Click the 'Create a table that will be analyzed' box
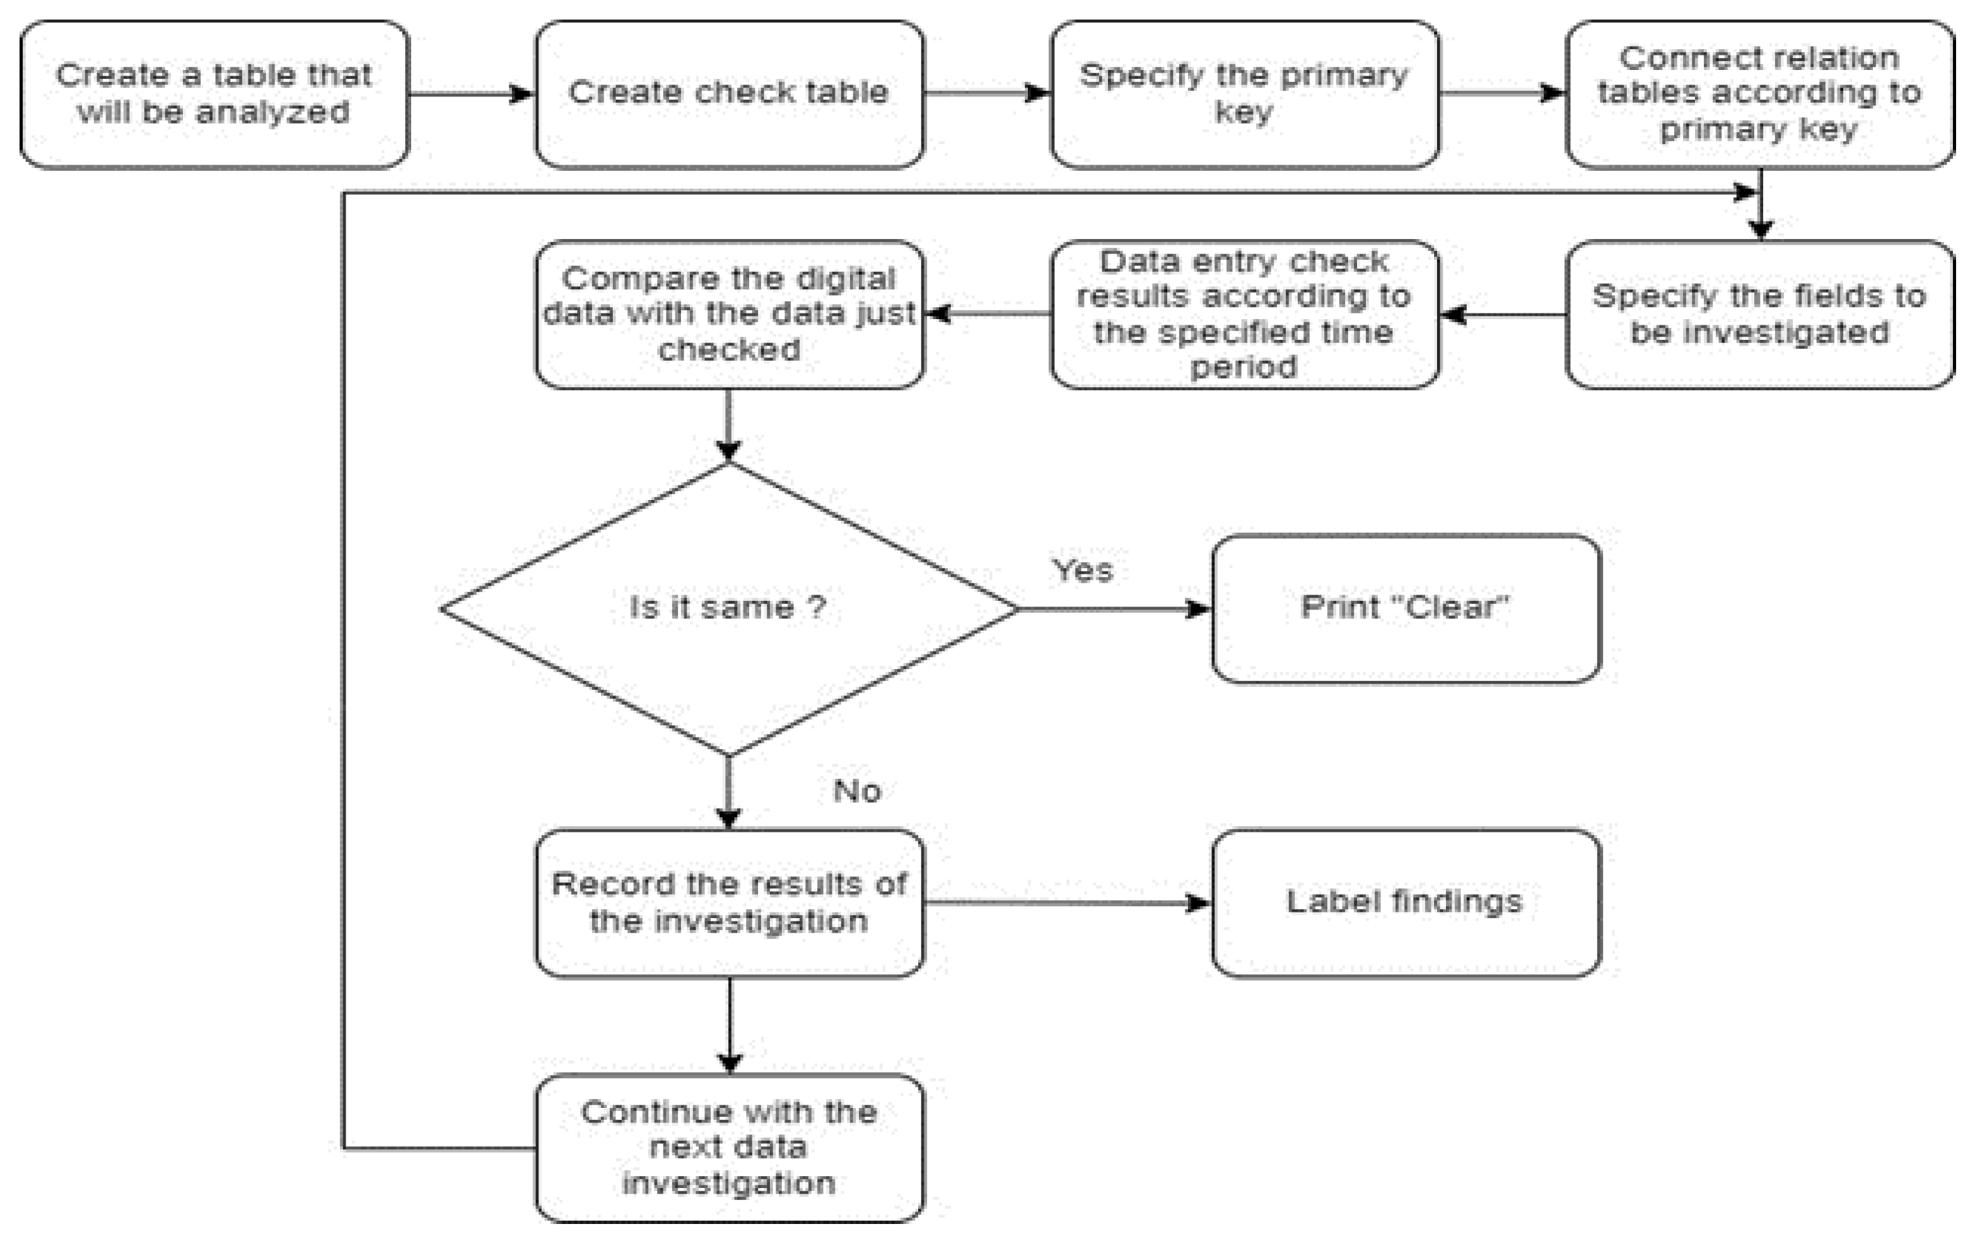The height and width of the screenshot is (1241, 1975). [x=214, y=95]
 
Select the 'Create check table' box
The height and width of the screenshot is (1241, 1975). [x=729, y=95]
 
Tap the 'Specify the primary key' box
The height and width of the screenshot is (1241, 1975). [x=1244, y=95]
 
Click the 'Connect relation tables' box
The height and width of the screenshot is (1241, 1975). [x=1759, y=95]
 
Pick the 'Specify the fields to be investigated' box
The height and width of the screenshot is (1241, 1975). [x=1759, y=314]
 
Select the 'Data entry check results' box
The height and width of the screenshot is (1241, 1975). [x=1244, y=314]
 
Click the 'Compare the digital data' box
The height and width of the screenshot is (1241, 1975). [x=729, y=314]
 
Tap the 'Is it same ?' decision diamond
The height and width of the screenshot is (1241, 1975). [x=729, y=609]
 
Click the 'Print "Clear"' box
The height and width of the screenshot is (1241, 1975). [x=1405, y=609]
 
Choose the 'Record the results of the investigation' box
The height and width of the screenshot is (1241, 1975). [x=729, y=903]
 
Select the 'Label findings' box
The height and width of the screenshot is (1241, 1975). [x=1405, y=903]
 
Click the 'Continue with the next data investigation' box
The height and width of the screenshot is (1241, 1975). [x=729, y=1148]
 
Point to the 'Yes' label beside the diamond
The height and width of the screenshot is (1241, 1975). [x=1082, y=570]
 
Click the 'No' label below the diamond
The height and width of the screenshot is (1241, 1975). [x=856, y=791]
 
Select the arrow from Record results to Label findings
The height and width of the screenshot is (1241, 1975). [x=1066, y=903]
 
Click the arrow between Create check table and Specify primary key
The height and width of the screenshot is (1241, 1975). [x=987, y=93]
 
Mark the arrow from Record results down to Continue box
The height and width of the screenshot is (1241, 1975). [x=729, y=1025]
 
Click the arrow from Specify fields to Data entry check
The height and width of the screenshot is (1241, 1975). [x=1503, y=314]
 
